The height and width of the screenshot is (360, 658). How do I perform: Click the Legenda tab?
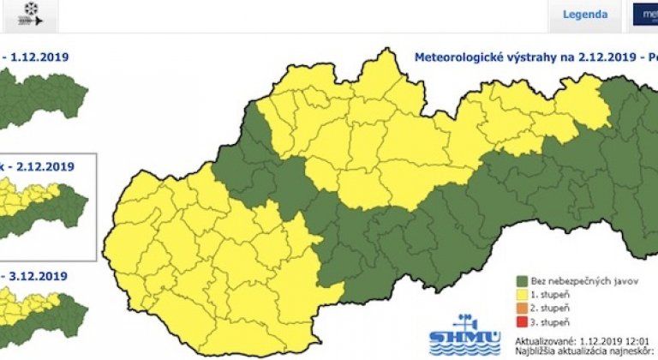585,15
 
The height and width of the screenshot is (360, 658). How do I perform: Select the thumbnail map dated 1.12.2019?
43,94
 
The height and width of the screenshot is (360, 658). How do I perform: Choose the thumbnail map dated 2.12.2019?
43,210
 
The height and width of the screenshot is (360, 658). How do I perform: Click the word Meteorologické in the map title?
455,58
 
